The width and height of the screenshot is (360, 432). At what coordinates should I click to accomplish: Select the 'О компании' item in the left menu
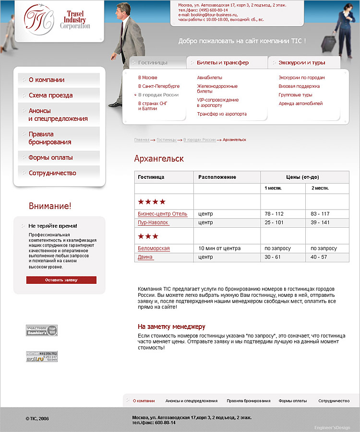(x=46, y=80)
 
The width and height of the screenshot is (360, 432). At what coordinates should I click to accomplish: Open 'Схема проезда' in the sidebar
(x=50, y=95)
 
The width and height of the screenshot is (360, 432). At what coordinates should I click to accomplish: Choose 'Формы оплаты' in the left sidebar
(x=50, y=158)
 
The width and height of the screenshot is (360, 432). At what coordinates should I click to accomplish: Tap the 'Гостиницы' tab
(x=153, y=62)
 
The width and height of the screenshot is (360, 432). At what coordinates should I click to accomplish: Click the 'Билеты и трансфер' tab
(x=222, y=62)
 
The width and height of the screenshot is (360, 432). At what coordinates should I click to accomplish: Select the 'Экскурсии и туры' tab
(x=301, y=62)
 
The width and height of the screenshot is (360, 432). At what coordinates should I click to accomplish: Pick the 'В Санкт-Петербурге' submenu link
(x=159, y=86)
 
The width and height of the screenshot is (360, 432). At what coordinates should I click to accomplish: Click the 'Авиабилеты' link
(x=209, y=78)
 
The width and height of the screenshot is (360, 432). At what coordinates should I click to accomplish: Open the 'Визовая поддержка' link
(x=299, y=86)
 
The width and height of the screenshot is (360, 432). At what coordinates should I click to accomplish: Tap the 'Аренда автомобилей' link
(x=300, y=104)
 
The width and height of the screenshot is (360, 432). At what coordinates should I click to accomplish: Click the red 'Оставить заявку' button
(x=61, y=280)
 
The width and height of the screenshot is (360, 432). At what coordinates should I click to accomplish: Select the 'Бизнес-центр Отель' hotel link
(x=162, y=214)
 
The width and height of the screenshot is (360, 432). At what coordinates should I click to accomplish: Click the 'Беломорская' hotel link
(x=154, y=249)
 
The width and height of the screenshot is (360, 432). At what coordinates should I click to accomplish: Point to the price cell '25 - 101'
(x=274, y=223)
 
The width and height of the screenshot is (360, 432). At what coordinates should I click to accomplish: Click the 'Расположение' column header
(x=217, y=177)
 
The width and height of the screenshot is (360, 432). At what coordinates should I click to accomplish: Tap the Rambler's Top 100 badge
(x=42, y=330)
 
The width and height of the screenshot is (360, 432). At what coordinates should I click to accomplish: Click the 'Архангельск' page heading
(x=159, y=159)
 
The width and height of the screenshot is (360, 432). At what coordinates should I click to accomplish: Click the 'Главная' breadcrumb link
(x=142, y=140)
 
